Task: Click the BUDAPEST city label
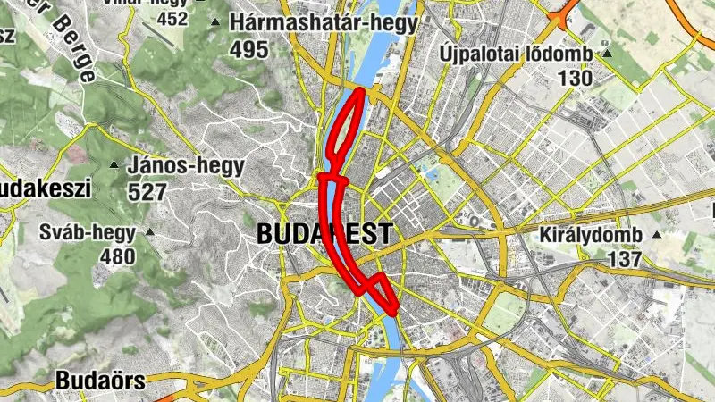pyautogui.click(x=323, y=234)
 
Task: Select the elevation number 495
pyautogui.click(x=248, y=50)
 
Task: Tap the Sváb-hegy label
pyautogui.click(x=88, y=233)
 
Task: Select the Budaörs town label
pyautogui.click(x=100, y=381)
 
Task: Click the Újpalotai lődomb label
pyautogui.click(x=516, y=54)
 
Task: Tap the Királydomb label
pyautogui.click(x=591, y=236)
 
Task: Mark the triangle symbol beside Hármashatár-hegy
pyautogui.click(x=214, y=21)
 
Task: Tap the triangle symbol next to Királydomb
pyautogui.click(x=657, y=236)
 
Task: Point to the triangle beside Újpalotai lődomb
pyautogui.click(x=607, y=54)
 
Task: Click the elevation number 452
pyautogui.click(x=172, y=19)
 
